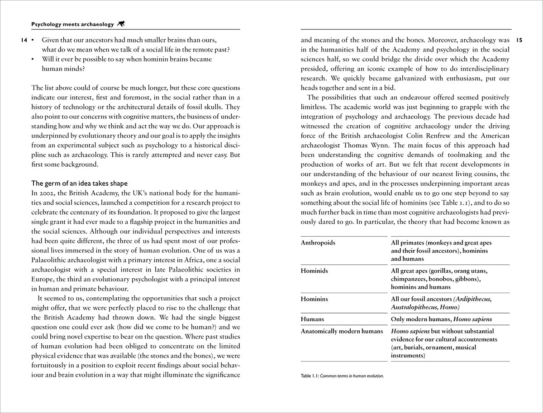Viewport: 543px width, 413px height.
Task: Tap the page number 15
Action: coord(519,40)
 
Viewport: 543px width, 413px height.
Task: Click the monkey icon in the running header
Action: coord(121,24)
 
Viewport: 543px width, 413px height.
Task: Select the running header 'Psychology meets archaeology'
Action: coord(72,24)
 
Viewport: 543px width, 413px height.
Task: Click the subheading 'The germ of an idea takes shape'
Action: coord(79,183)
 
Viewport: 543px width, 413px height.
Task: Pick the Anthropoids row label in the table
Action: coord(318,243)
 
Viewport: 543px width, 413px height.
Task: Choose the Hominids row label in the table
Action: coord(314,271)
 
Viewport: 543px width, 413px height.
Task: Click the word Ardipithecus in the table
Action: coord(472,299)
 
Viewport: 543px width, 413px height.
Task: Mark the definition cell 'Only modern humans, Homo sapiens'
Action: coord(441,319)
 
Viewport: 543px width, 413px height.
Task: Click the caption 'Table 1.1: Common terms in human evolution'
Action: coord(342,375)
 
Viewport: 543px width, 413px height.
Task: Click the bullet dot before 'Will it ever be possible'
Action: coord(33,59)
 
